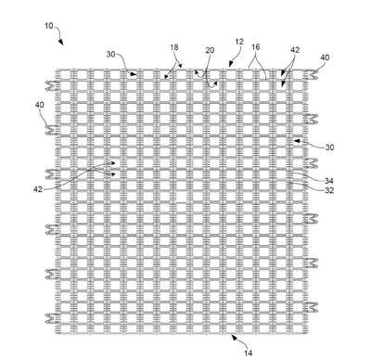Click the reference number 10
tap(49, 26)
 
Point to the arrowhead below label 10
tap(61, 42)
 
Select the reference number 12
tap(239, 42)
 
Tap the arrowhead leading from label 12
tap(230, 64)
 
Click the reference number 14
tap(249, 353)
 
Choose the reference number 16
tap(256, 47)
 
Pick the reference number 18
tap(174, 47)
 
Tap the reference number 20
tap(210, 50)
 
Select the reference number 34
tap(329, 181)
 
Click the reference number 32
tap(329, 190)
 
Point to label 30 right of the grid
tap(329, 148)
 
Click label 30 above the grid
tap(111, 55)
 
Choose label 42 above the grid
tap(295, 50)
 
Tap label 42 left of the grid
tap(38, 189)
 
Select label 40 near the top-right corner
tap(325, 58)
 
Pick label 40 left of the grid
tap(39, 105)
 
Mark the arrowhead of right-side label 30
tap(297, 141)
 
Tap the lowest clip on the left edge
tap(53, 318)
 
